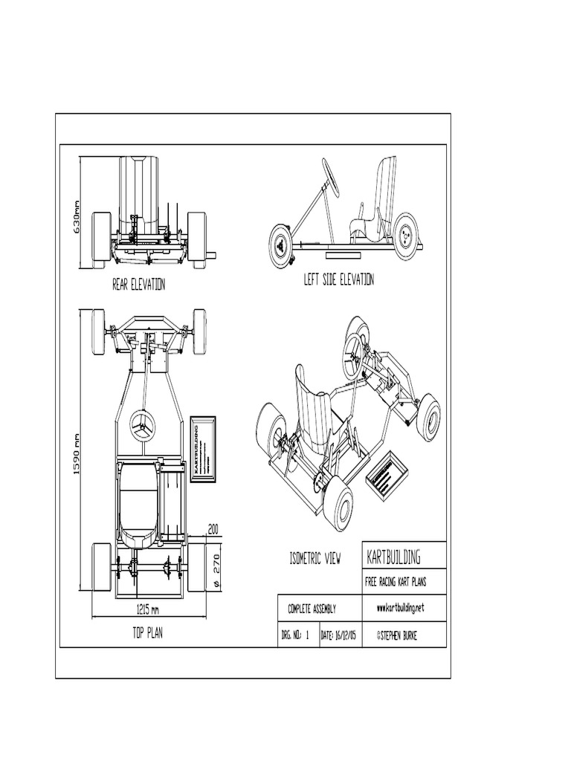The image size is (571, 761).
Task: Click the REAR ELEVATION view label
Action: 138,285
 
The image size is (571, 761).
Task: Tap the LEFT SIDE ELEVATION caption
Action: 338,279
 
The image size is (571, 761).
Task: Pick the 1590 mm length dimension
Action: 76,457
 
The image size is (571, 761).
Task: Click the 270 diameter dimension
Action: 217,563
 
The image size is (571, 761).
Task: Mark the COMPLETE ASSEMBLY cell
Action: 312,609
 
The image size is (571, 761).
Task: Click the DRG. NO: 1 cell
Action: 295,635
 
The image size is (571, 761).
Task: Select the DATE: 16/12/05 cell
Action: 338,635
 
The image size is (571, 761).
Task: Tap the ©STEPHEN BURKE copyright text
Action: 401,635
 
